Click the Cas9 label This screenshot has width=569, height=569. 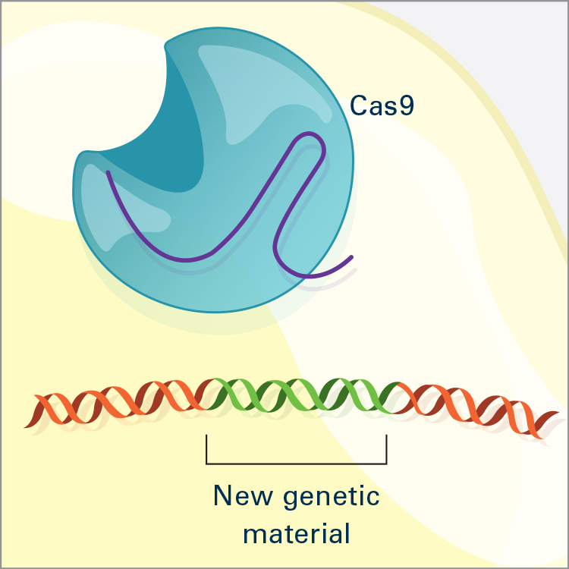[382, 105]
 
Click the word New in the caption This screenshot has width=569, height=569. [243, 495]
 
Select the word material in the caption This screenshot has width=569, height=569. [297, 533]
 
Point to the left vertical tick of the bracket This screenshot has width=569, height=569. [206, 449]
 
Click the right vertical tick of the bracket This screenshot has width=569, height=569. [386, 449]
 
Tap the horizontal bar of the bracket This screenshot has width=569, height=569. [297, 464]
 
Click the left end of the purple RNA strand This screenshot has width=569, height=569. [108, 172]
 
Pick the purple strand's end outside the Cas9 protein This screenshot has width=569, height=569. [351, 257]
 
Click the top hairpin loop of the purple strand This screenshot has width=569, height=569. [311, 135]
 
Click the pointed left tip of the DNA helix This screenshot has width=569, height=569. [25, 427]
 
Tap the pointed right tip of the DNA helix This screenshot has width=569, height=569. [558, 412]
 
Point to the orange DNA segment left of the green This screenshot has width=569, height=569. [120, 402]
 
